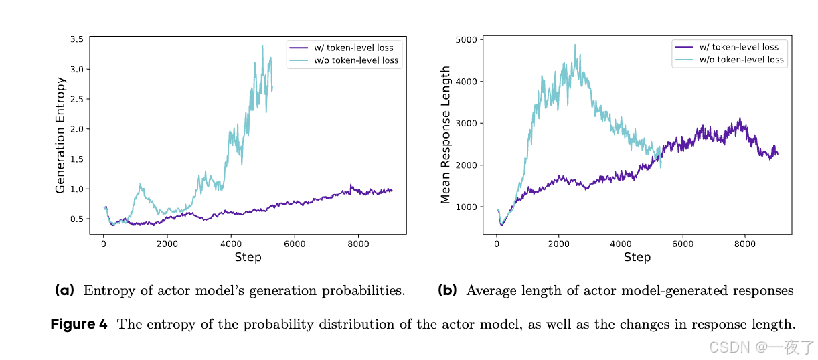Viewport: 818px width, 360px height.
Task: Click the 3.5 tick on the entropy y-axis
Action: click(76, 39)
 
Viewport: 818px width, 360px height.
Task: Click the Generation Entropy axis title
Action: click(61, 135)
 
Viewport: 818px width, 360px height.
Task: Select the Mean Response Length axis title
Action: click(446, 134)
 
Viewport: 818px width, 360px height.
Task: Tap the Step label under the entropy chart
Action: click(248, 257)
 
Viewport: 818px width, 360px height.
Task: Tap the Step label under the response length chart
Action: click(637, 257)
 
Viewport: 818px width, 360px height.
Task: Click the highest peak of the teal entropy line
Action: click(262, 46)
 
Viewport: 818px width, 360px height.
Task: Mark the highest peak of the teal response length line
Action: click(575, 45)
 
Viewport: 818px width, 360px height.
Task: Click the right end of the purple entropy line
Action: click(392, 191)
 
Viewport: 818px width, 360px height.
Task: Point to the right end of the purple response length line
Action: click(778, 154)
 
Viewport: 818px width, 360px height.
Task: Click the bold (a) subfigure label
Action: click(65, 290)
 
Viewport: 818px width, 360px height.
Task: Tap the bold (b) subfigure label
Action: click(447, 290)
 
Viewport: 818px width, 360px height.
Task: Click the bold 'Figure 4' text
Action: click(79, 324)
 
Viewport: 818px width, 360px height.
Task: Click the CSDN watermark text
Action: click(729, 347)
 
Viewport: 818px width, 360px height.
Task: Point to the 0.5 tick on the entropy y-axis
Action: click(76, 219)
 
